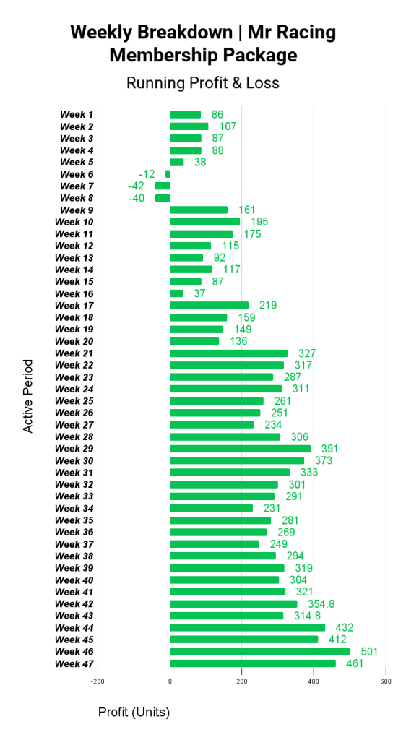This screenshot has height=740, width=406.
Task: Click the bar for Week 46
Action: tap(260, 652)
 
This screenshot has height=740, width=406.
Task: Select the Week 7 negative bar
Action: tap(163, 186)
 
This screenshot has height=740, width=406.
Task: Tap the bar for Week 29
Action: tap(241, 449)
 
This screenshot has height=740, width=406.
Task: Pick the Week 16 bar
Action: tap(177, 293)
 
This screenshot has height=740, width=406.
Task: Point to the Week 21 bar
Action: tap(229, 353)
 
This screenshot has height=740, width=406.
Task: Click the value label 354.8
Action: tap(321, 604)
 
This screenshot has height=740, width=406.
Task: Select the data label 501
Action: tap(369, 652)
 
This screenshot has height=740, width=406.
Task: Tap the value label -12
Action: tap(147, 174)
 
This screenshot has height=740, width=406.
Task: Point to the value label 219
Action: tap(268, 306)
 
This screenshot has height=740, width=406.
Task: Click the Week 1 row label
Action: tap(77, 114)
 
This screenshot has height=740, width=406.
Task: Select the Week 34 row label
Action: tap(74, 508)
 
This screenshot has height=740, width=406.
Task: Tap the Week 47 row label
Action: tap(74, 663)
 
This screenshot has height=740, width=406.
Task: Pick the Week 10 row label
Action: tap(74, 222)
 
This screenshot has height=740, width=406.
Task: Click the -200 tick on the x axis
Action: tap(98, 681)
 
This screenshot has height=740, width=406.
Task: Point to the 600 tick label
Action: tap(386, 681)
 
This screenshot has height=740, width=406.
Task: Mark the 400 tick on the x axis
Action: tap(314, 681)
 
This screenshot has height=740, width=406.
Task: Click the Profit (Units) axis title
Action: tap(134, 712)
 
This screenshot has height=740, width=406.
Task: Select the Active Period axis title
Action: tap(28, 396)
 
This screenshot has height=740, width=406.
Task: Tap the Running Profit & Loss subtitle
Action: tap(203, 83)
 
